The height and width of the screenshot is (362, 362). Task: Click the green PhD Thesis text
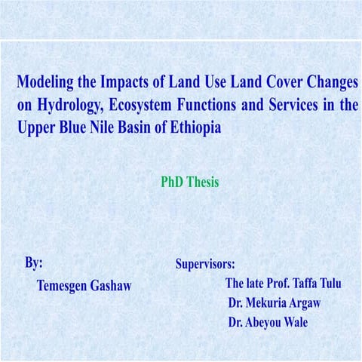tap(189, 182)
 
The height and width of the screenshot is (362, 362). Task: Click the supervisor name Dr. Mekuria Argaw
tap(278, 303)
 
